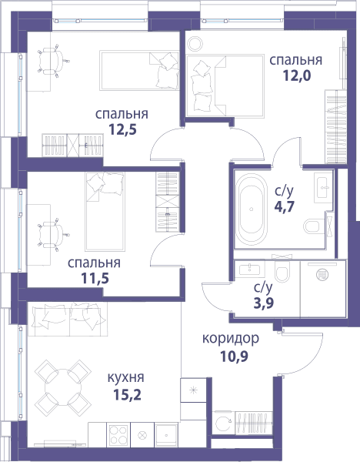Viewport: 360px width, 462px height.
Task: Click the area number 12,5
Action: (x=123, y=129)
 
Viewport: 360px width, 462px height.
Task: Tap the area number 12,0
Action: (x=297, y=75)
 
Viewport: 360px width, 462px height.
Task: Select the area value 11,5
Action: (x=95, y=278)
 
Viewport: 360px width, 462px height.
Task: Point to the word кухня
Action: (x=126, y=378)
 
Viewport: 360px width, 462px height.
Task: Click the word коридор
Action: (x=231, y=339)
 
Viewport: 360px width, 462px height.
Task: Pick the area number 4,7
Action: (x=285, y=206)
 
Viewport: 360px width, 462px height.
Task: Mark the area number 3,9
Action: (x=264, y=303)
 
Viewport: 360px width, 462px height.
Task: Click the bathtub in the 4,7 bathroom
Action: (x=251, y=209)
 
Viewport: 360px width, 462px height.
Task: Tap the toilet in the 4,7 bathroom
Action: (x=312, y=226)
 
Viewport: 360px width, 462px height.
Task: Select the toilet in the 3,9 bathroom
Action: (x=282, y=270)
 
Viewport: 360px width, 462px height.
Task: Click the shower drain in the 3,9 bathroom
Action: (x=322, y=275)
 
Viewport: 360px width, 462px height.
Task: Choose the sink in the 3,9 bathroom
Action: (x=249, y=269)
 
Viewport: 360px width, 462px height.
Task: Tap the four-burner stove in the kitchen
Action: (x=118, y=435)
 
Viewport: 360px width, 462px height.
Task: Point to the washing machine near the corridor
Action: (x=223, y=423)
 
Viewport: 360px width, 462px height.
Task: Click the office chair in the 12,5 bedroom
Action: (x=52, y=62)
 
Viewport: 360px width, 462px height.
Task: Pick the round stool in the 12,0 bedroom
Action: (x=195, y=44)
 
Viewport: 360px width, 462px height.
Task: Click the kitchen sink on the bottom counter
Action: (x=166, y=435)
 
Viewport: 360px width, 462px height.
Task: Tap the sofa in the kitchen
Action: (x=68, y=319)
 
